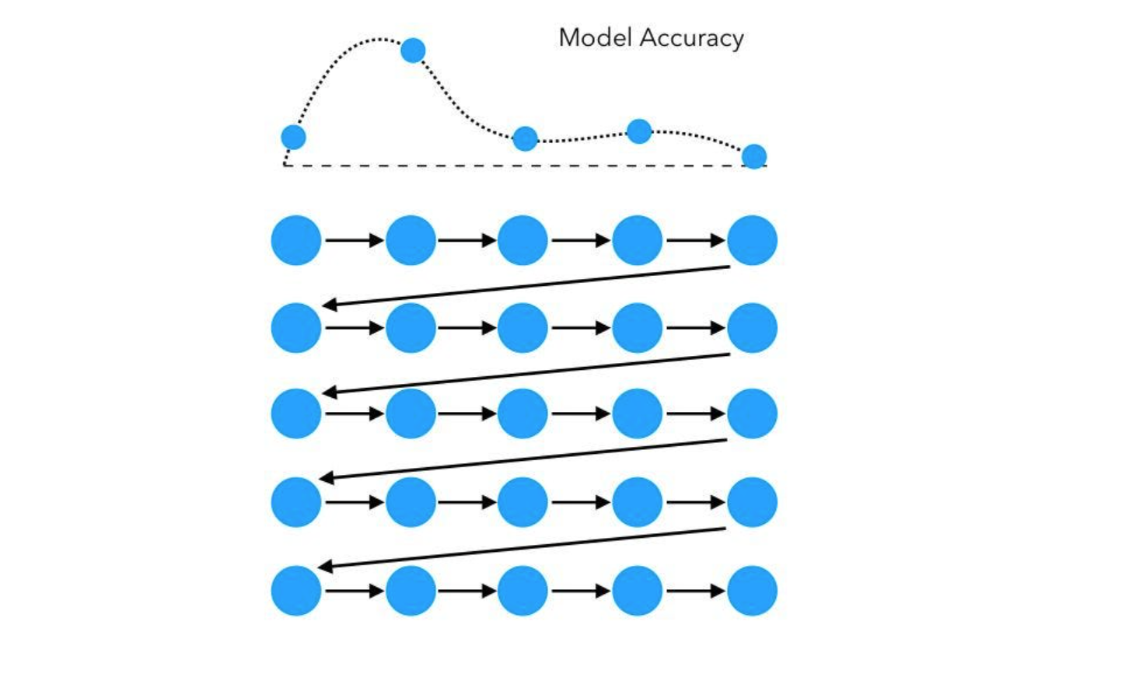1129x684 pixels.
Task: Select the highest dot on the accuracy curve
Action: [x=413, y=51]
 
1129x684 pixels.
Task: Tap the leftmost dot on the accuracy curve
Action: [x=293, y=138]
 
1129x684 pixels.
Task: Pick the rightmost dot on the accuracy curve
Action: [x=753, y=156]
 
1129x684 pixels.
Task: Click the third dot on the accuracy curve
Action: [x=526, y=139]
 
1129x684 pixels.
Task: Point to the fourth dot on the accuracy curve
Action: [x=639, y=131]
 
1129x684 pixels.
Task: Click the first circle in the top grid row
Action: [x=296, y=241]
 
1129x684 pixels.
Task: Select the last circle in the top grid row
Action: [x=752, y=241]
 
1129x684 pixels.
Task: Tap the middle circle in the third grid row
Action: [x=523, y=414]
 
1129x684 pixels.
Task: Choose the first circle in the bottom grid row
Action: [x=296, y=591]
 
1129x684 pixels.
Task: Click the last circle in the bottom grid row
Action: [x=752, y=591]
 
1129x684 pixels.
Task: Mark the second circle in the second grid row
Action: [x=411, y=328]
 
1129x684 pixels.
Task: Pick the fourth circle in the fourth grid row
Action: [x=638, y=502]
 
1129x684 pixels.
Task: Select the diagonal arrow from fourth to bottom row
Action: [x=523, y=548]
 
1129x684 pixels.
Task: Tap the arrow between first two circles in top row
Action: [x=354, y=241]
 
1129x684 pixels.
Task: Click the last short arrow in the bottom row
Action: [x=695, y=592]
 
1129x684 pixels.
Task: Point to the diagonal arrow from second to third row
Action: [x=525, y=374]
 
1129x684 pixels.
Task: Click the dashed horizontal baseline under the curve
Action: [x=467, y=166]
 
